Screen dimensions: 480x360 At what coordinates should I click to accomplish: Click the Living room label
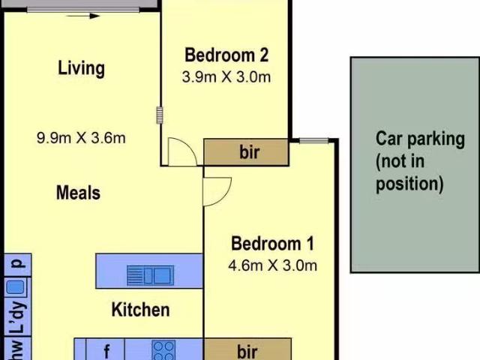click(x=82, y=68)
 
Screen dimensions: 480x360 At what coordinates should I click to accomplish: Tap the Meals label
click(x=78, y=193)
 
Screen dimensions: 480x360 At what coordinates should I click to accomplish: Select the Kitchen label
click(x=140, y=310)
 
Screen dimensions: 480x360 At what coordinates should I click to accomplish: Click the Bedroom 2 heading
click(x=226, y=55)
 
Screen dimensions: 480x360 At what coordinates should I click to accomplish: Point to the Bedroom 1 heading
click(x=272, y=244)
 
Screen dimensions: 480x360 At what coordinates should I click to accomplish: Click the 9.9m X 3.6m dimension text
click(x=81, y=138)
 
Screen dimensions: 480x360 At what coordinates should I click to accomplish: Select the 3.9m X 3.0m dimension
click(x=226, y=76)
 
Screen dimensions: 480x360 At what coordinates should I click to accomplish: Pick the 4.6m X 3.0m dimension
click(x=272, y=265)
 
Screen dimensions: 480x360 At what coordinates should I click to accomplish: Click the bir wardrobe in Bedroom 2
click(x=246, y=152)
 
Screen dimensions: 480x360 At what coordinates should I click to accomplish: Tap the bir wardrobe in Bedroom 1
click(x=247, y=349)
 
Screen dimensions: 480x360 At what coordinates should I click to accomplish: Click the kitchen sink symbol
click(x=150, y=275)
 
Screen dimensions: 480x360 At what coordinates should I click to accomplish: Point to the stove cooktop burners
click(x=163, y=350)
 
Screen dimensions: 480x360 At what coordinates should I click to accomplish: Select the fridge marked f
click(x=106, y=349)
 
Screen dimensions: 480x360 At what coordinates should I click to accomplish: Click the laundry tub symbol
click(x=15, y=287)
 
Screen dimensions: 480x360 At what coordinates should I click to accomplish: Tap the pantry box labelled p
click(x=18, y=265)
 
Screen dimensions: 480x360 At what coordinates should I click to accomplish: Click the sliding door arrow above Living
click(x=83, y=16)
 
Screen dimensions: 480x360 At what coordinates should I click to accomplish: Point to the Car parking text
click(x=420, y=161)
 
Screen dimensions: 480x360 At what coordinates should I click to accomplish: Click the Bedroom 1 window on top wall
click(x=313, y=141)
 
